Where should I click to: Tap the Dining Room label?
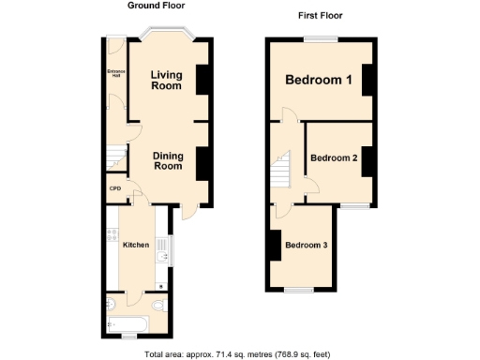point(167,159)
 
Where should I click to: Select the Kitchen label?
point(136,245)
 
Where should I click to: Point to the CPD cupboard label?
point(115,190)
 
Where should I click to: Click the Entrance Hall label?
point(114,74)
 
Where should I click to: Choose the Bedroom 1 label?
point(319,81)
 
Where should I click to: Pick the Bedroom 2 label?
point(334,158)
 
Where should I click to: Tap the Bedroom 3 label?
point(307,246)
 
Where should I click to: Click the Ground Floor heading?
point(156,6)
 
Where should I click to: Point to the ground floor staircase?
point(114,156)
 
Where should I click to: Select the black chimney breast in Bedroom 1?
point(368,81)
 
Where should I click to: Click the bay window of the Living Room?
point(166,37)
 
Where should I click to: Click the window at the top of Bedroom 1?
point(320,38)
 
